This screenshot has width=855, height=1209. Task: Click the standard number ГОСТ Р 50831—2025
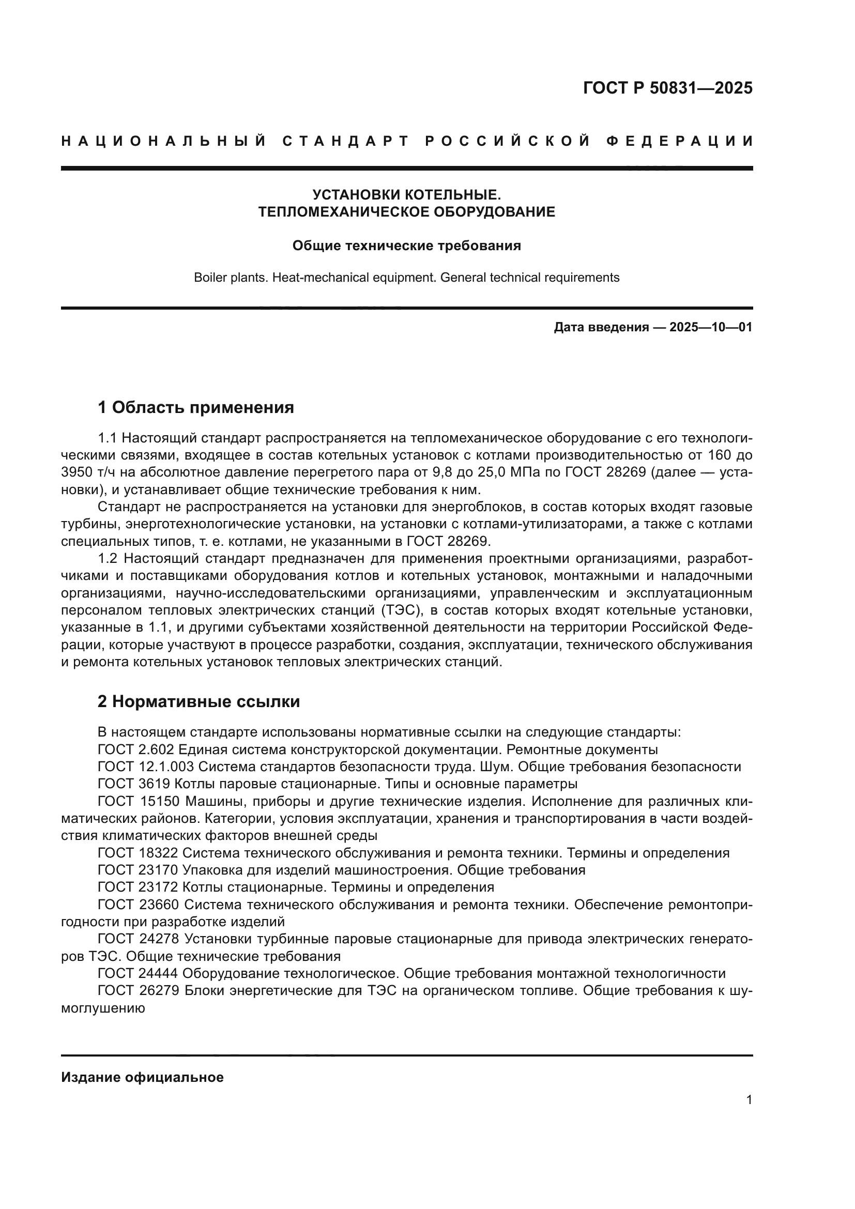point(667,88)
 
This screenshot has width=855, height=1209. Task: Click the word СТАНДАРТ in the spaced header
point(346,141)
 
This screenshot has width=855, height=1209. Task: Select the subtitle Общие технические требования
point(406,246)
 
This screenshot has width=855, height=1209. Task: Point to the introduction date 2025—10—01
point(711,328)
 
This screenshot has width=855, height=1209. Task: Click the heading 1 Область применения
point(195,407)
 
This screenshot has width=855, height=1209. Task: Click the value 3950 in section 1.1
point(77,472)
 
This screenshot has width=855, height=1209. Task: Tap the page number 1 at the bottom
point(749,1099)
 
